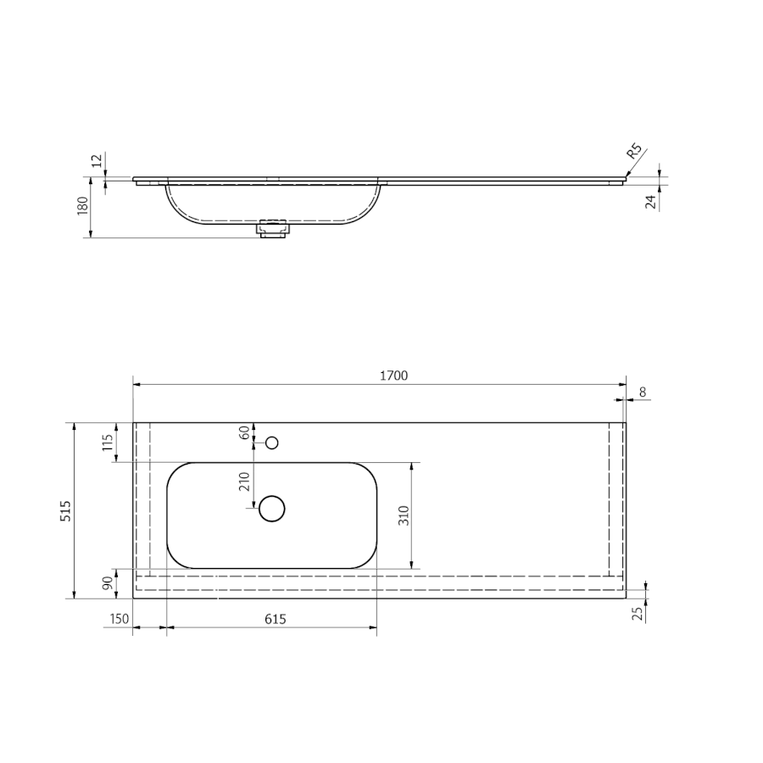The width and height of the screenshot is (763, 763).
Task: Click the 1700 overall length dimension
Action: coord(393,376)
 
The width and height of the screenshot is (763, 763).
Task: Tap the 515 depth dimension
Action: coord(65,510)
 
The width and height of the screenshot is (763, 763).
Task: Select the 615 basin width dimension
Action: coord(275,619)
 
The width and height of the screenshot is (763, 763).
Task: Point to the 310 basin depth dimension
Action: coord(404,515)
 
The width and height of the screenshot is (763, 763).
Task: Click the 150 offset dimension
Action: coord(120,619)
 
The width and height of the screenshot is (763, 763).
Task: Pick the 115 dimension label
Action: coord(108,443)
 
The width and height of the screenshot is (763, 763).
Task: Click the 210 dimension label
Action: coord(244,482)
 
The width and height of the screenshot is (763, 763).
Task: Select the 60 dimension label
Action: coord(245,432)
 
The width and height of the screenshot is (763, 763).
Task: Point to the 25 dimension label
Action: coord(638,614)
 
